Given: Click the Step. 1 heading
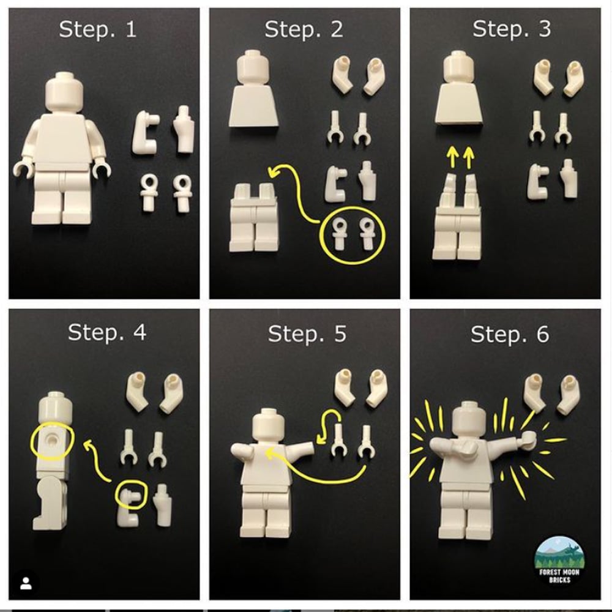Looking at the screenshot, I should tap(98, 30).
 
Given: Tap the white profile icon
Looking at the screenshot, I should tap(26, 582).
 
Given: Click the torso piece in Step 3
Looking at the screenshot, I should tap(460, 108).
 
